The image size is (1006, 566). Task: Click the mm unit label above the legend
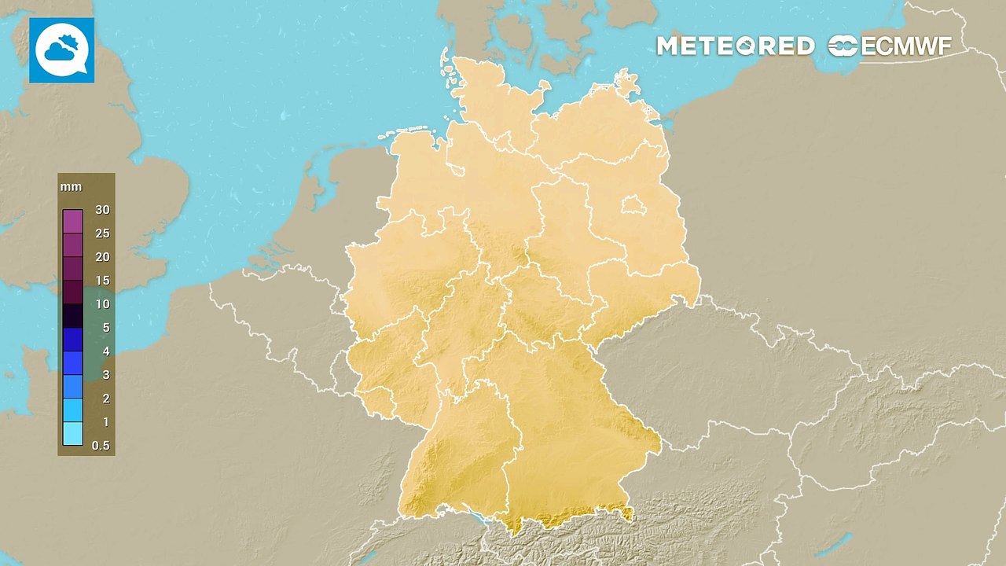coord(72,187)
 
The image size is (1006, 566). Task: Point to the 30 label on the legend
coord(102,209)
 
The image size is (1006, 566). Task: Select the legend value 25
coord(102,233)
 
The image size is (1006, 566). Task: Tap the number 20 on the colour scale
coord(102,257)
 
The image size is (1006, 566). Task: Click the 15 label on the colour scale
coord(102,281)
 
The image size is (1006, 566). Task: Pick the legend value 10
coord(102,304)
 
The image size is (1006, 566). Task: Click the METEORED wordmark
coord(735,46)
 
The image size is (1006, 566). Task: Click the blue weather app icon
coord(61,50)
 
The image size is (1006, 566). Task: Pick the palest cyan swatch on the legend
coord(72,433)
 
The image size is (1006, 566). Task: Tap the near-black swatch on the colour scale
coord(72,316)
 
